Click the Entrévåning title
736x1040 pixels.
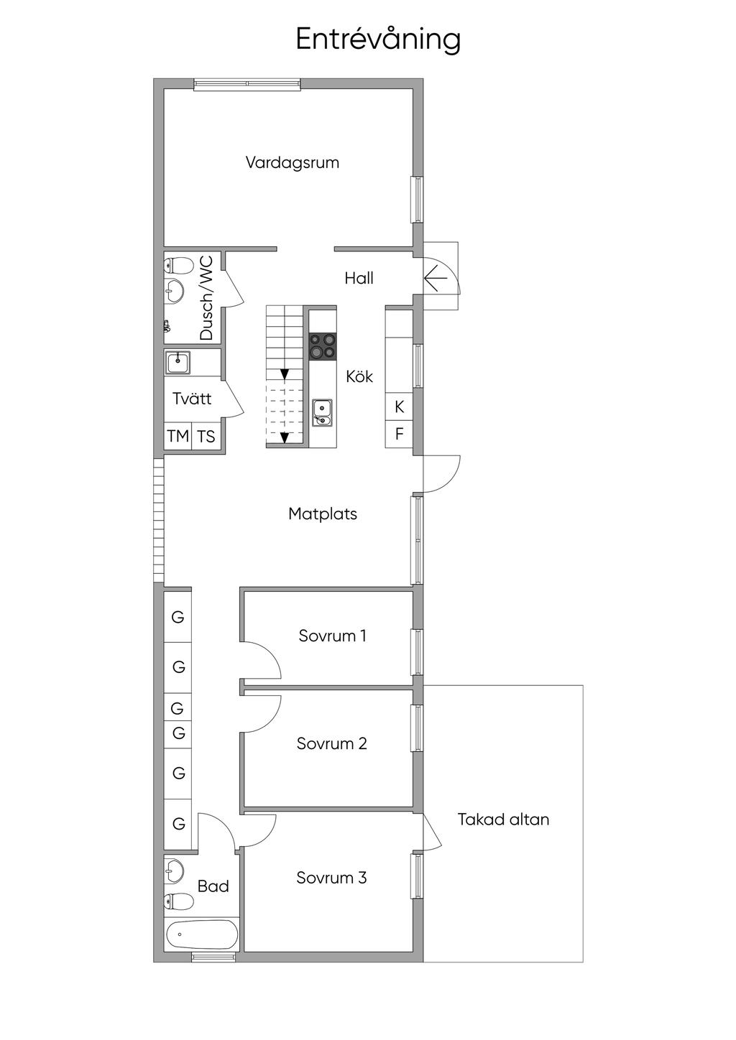click(378, 40)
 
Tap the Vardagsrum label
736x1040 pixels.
click(293, 162)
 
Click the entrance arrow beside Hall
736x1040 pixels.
click(436, 278)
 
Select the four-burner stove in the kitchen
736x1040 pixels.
click(323, 346)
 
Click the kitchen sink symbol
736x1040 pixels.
click(322, 413)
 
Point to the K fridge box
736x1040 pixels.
click(399, 407)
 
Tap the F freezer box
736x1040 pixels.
click(399, 434)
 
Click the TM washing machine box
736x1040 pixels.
click(178, 436)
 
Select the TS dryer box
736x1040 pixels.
click(206, 436)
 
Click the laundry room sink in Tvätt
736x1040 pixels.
click(178, 363)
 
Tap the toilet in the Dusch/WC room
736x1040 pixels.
click(178, 266)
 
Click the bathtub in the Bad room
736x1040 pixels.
click(202, 934)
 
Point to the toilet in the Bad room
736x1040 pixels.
click(178, 901)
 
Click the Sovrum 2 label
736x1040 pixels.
click(332, 743)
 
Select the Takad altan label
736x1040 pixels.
click(503, 819)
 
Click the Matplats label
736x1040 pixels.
click(323, 514)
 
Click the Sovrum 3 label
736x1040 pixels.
click(331, 878)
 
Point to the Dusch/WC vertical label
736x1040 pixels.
click(206, 297)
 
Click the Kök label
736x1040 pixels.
click(359, 376)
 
